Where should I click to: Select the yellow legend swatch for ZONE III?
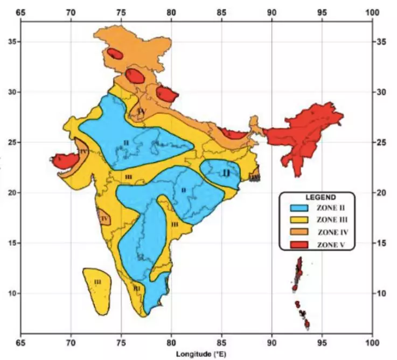coord(298,219)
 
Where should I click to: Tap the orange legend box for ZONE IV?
coord(298,232)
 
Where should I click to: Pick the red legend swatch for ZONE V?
coord(298,245)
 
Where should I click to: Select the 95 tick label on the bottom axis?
coord(322,343)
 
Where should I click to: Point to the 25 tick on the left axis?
coord(10,142)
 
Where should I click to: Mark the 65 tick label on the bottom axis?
coord(20,343)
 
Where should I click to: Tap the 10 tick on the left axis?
coord(10,293)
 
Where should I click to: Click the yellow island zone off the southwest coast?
coord(97,290)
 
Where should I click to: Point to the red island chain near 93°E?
coord(298,275)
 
